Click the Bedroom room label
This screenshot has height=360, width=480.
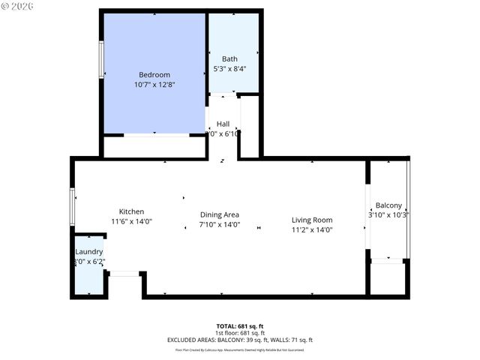tap(154, 75)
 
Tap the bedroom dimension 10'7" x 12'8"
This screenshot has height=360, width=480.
tap(154, 85)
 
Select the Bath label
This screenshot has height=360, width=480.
tap(229, 58)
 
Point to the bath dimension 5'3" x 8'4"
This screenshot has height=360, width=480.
tap(229, 69)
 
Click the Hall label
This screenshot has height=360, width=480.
tap(223, 124)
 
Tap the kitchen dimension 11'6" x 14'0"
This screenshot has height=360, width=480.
tap(131, 222)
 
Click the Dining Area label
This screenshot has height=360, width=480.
tap(219, 214)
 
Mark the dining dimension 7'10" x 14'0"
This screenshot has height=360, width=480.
tap(219, 225)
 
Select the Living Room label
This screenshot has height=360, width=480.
tap(312, 220)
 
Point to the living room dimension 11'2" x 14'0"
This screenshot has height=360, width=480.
tap(312, 230)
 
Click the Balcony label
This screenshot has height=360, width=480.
tap(388, 205)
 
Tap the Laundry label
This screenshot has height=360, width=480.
tap(88, 251)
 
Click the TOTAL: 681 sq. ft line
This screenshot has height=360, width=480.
tap(240, 326)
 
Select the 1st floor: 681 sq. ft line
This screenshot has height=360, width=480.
tap(240, 333)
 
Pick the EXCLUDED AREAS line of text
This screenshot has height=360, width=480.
tap(240, 340)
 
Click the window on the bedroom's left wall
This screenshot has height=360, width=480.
tap(101, 55)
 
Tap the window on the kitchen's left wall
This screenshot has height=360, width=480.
tap(73, 206)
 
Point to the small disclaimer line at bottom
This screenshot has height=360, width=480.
tap(240, 349)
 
